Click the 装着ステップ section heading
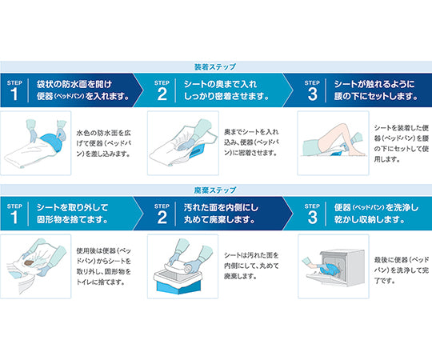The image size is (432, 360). point(216,66)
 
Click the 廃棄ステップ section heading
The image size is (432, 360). point(216,190)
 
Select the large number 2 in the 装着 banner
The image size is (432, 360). point(161,94)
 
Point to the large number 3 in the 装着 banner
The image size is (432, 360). point(312,94)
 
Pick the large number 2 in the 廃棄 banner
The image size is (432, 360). point(161,217)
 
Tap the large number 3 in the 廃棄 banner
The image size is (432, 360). point(312,217)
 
